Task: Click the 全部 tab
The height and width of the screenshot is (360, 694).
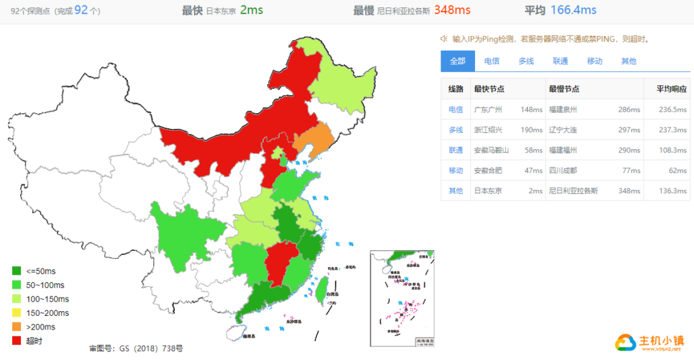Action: (457, 61)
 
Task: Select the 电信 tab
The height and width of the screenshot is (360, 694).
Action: (492, 61)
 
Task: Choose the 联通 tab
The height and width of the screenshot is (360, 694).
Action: (560, 61)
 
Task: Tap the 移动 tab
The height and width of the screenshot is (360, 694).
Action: (594, 61)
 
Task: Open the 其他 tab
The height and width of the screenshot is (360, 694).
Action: (628, 61)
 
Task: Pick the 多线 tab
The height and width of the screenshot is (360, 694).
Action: (526, 61)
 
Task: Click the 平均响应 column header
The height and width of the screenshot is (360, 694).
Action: (671, 89)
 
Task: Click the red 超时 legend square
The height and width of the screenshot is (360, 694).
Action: (16, 340)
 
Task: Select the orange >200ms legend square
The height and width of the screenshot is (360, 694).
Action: (16, 327)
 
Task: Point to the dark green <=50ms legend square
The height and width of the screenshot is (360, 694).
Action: (16, 271)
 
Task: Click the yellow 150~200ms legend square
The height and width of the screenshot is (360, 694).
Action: (16, 313)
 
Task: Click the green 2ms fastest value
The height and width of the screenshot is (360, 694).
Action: (251, 10)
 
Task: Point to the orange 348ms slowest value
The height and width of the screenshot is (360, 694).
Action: (452, 10)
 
